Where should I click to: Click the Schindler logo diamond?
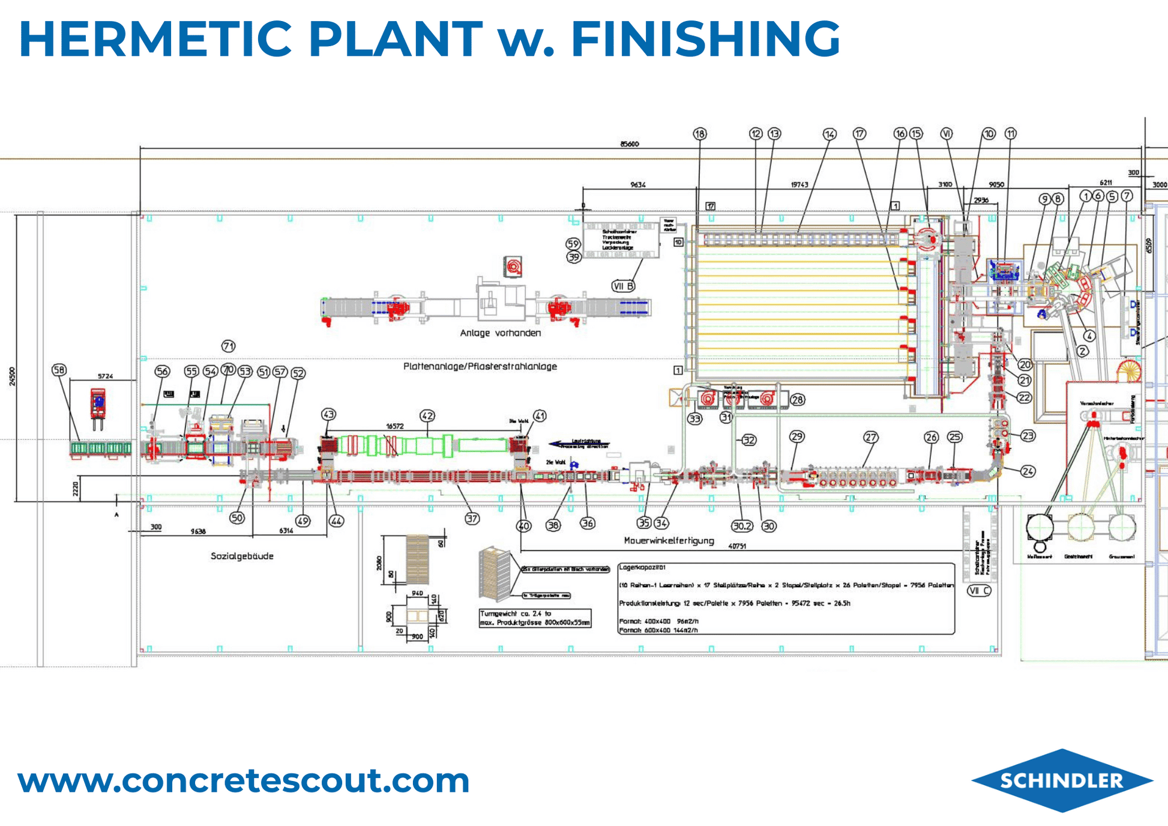tap(1062, 780)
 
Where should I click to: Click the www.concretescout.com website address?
tap(243, 780)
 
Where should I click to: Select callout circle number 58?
tap(59, 370)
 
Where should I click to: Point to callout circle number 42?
tap(427, 415)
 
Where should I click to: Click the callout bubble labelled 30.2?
tap(742, 526)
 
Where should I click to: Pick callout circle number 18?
tap(700, 134)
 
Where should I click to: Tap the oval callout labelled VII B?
tap(623, 286)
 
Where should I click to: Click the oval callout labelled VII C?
tap(979, 591)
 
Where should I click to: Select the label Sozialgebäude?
tap(242, 556)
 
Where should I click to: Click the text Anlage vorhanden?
tap(500, 333)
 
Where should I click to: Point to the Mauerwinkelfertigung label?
tap(669, 540)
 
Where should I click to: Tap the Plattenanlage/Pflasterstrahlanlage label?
tap(480, 366)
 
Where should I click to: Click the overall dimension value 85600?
tap(629, 144)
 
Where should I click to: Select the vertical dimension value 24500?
tap(13, 376)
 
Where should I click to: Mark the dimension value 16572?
tap(394, 426)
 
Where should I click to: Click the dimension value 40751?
tap(736, 546)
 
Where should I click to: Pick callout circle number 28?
tap(797, 400)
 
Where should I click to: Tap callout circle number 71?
tap(228, 346)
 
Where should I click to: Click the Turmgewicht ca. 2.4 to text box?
tap(535, 618)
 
